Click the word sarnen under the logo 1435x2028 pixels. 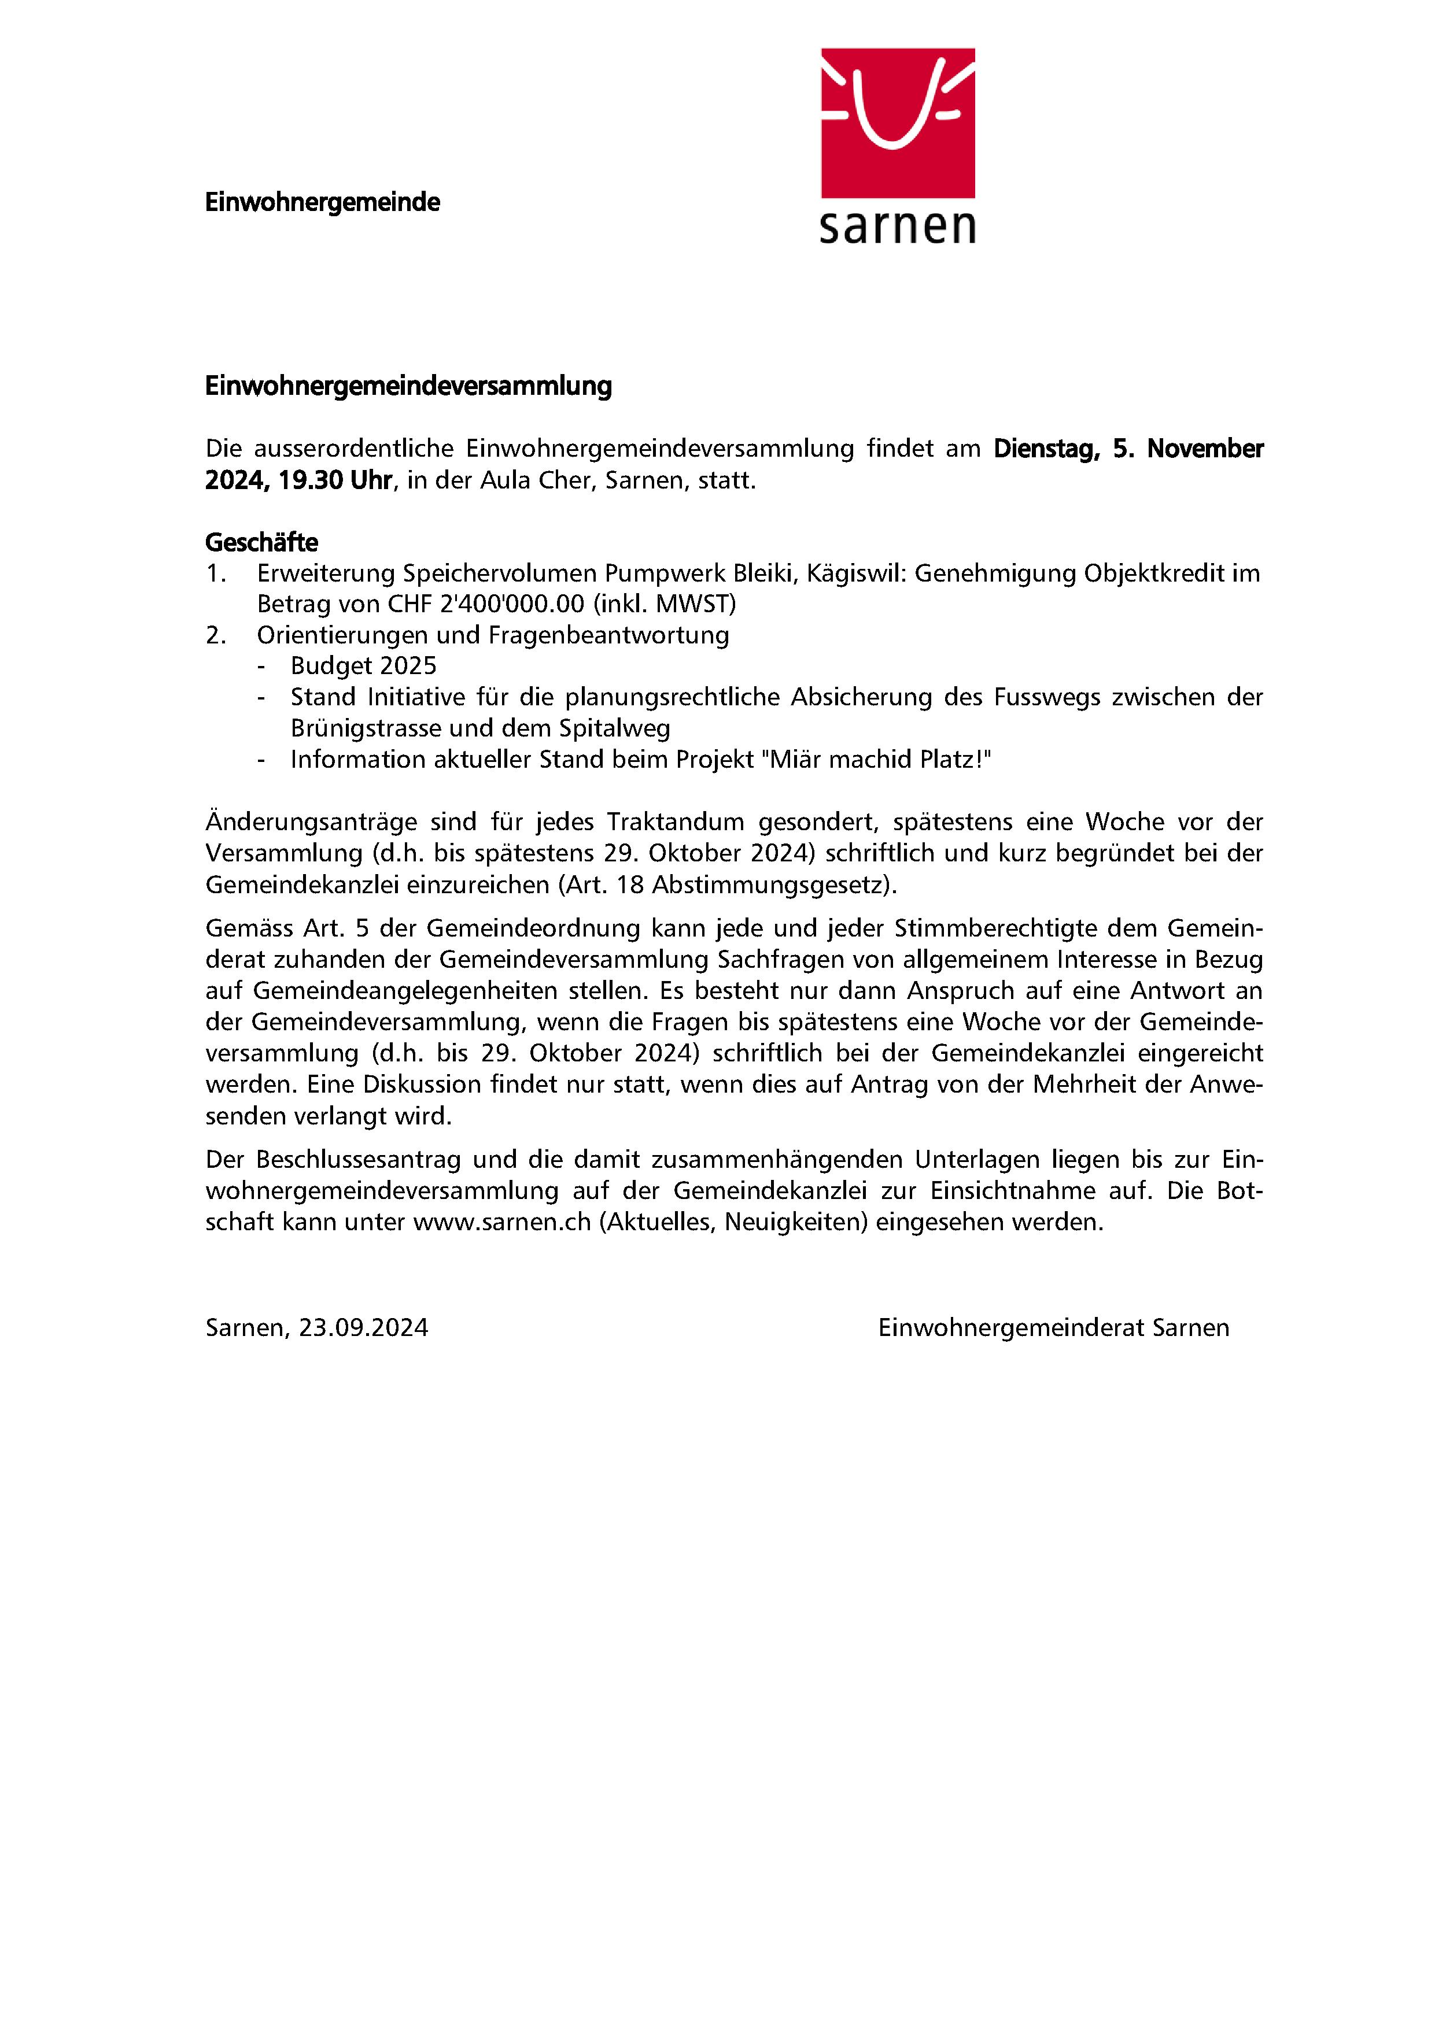898,227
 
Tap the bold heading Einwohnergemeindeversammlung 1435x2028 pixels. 408,386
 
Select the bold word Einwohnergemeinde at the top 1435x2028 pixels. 323,202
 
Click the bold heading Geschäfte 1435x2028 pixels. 261,542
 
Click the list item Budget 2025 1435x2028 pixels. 363,666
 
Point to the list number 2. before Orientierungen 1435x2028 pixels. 216,635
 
